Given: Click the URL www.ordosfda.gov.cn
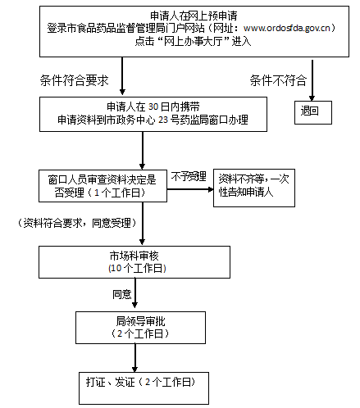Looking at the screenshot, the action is tap(286, 28).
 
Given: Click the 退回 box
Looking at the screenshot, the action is tap(313, 112).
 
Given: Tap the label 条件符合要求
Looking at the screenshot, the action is tap(74, 80).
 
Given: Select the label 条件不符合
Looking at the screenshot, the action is tap(278, 80).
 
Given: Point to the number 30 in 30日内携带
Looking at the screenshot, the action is tap(153, 107).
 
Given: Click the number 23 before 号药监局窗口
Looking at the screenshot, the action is tap(163, 120).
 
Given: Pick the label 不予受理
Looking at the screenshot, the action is tap(189, 177).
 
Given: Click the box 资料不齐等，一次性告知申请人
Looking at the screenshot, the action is tap(254, 188).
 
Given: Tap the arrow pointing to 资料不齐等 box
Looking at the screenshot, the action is tap(190, 189).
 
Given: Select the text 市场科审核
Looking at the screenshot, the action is tap(134, 256).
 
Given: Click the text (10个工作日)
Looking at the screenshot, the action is tap(137, 269).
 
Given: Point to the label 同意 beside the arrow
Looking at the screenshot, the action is tap(122, 294).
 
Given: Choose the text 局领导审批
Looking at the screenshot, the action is tap(140, 321).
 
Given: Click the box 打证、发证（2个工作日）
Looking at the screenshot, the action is tap(144, 388).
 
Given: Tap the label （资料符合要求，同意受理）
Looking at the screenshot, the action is tap(77, 223).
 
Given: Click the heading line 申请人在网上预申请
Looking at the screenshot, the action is tap(194, 16).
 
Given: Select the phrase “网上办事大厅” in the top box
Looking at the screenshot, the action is tap(194, 41).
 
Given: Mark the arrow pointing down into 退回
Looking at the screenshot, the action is tap(312, 80).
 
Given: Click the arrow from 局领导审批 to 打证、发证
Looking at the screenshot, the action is tap(134, 358).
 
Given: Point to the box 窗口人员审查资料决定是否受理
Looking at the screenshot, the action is tap(103, 186).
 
